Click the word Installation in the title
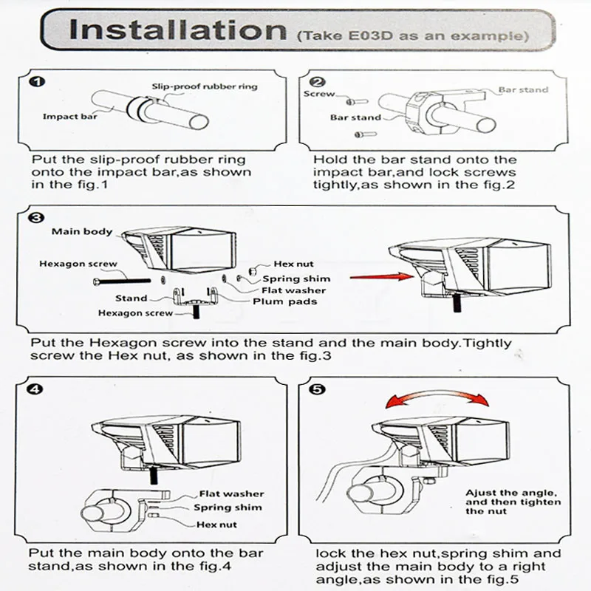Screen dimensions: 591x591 pyautogui.click(x=178, y=30)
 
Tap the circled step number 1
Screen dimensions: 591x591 pyautogui.click(x=37, y=81)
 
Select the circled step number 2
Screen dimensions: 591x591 pyautogui.click(x=318, y=82)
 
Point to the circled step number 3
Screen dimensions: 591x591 pyautogui.click(x=36, y=217)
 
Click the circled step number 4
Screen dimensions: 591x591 pyautogui.click(x=35, y=389)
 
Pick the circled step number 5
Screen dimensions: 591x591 pyautogui.click(x=317, y=389)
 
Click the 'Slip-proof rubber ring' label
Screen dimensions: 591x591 pyautogui.click(x=205, y=86)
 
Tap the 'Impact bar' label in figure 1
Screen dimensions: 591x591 pyautogui.click(x=69, y=117)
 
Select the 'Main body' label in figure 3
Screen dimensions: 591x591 pyautogui.click(x=82, y=231)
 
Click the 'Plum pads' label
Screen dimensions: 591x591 pyautogui.click(x=284, y=301)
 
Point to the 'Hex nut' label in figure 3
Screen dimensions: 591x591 pyautogui.click(x=293, y=264)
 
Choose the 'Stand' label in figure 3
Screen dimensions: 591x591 pyautogui.click(x=131, y=298)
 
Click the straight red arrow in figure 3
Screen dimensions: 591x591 pyautogui.click(x=382, y=277)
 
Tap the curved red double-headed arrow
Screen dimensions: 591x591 pyautogui.click(x=437, y=395)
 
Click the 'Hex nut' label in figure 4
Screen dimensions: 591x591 pyautogui.click(x=216, y=525)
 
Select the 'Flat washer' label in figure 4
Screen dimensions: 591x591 pyautogui.click(x=231, y=493)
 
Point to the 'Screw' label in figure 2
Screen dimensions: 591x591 pyautogui.click(x=319, y=94)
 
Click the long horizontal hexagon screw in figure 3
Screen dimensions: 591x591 pyautogui.click(x=122, y=281)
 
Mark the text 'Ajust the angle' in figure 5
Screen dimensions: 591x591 pyautogui.click(x=511, y=493)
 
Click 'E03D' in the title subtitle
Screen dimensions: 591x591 pyautogui.click(x=370, y=35)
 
